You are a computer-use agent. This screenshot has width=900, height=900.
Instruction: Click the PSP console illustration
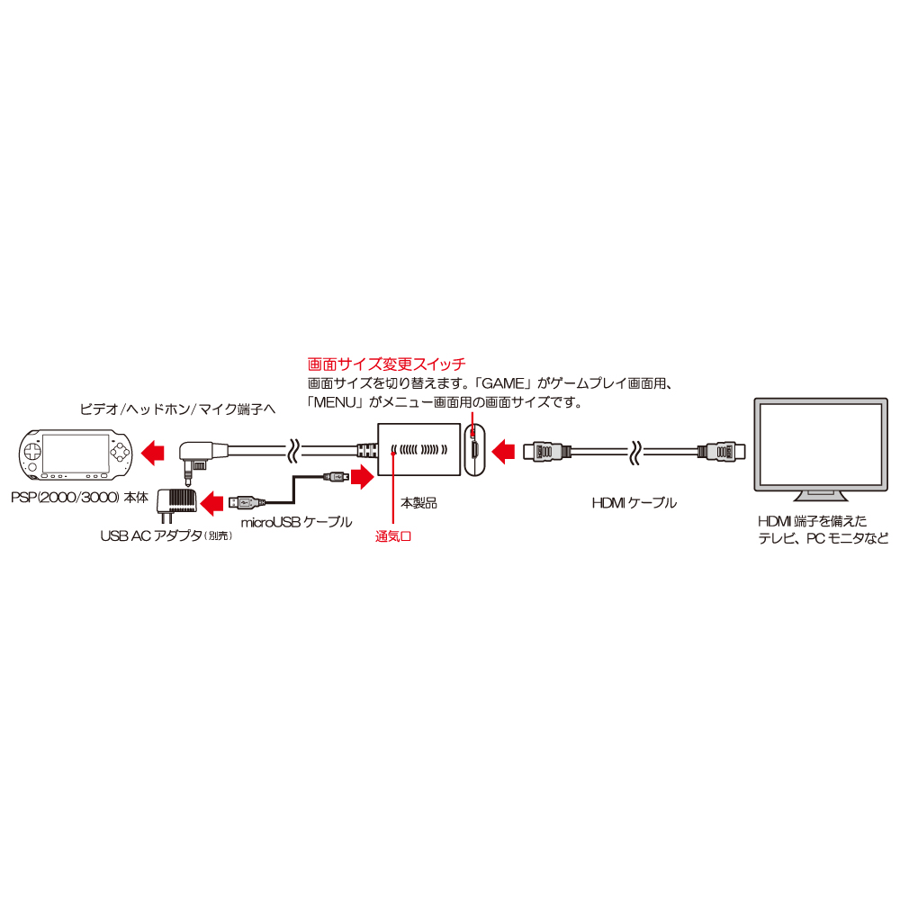[x=76, y=454]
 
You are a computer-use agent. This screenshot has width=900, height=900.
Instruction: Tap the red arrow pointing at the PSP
[x=153, y=453]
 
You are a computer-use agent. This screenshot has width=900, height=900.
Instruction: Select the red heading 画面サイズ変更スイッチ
[x=386, y=364]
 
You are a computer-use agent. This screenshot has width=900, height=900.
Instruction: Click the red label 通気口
[x=393, y=536]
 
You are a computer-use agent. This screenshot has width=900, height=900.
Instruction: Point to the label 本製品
[x=419, y=503]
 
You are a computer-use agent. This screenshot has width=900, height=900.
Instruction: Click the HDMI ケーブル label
[x=634, y=503]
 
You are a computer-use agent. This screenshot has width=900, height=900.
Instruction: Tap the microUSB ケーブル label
[x=296, y=522]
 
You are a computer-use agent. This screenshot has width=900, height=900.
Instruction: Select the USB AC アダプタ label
[x=166, y=535]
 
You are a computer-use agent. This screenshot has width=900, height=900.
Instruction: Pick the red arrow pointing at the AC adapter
[x=211, y=503]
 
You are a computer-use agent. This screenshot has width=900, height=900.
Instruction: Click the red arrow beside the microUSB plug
[x=362, y=477]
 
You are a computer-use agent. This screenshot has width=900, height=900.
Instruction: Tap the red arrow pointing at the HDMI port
[x=503, y=451]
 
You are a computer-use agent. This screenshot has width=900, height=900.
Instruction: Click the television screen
[x=821, y=445]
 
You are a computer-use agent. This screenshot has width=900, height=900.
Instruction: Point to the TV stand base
[x=821, y=497]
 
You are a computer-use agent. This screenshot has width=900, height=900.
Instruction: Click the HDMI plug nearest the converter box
[x=547, y=452]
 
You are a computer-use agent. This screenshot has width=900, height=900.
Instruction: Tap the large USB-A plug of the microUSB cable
[x=247, y=503]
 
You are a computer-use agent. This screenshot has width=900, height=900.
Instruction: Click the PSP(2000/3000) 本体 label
[x=80, y=497]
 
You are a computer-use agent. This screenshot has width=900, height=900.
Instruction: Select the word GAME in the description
[x=503, y=383]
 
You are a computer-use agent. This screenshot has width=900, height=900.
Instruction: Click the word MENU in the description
[x=335, y=402]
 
